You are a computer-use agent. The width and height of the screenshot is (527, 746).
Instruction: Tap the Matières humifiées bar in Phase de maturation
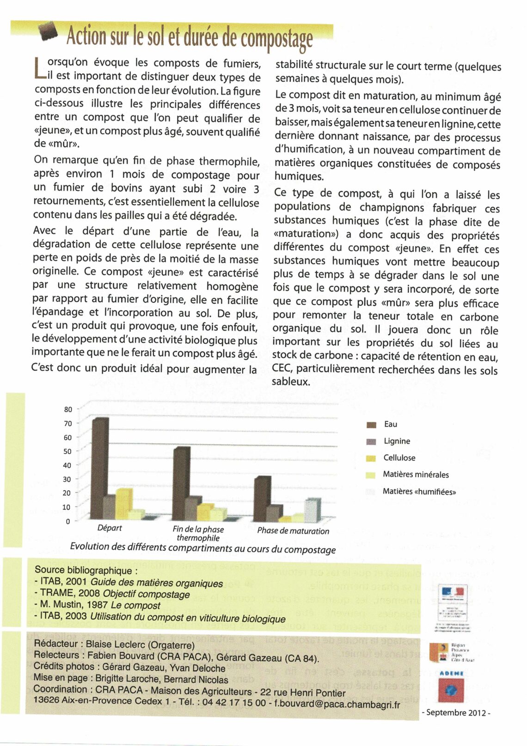pyautogui.click(x=312, y=510)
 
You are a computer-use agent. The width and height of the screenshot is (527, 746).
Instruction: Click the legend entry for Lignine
pyautogui.click(x=397, y=441)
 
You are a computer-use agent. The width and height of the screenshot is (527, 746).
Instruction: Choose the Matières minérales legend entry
pyautogui.click(x=415, y=475)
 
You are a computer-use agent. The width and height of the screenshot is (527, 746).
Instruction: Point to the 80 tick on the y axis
pyautogui.click(x=68, y=409)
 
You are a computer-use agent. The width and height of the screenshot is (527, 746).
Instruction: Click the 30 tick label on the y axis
pyautogui.click(x=67, y=479)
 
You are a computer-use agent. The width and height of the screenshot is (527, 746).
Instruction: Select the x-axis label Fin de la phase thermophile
pyautogui.click(x=198, y=533)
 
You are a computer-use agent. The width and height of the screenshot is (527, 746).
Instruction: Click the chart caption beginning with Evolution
pyautogui.click(x=202, y=548)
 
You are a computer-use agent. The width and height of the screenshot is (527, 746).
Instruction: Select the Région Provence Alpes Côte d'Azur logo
pyautogui.click(x=450, y=652)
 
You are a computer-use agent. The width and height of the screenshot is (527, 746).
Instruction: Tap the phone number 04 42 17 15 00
pyautogui.click(x=234, y=703)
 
